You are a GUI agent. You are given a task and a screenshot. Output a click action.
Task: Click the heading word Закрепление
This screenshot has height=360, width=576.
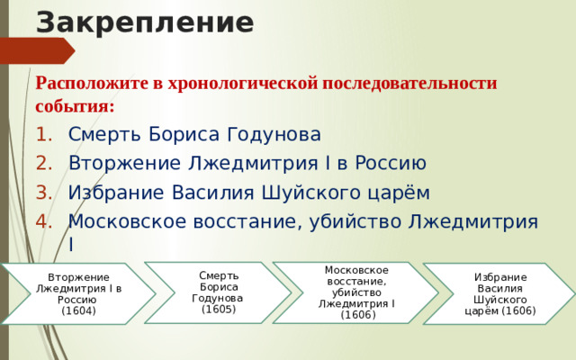point(144,21)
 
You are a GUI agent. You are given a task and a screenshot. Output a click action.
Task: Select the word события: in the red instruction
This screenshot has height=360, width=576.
point(74,105)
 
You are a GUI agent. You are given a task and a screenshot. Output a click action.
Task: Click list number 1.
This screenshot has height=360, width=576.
point(46,135)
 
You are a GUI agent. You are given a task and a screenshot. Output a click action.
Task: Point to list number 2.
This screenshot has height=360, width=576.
point(46,164)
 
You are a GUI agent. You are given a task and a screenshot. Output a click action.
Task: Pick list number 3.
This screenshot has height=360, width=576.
point(46,193)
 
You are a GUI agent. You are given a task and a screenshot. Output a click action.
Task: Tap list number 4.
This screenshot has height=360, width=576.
point(46,221)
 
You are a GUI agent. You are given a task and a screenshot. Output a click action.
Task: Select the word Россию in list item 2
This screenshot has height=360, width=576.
point(387,164)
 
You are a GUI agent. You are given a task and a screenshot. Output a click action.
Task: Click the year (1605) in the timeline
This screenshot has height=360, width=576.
point(219,309)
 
